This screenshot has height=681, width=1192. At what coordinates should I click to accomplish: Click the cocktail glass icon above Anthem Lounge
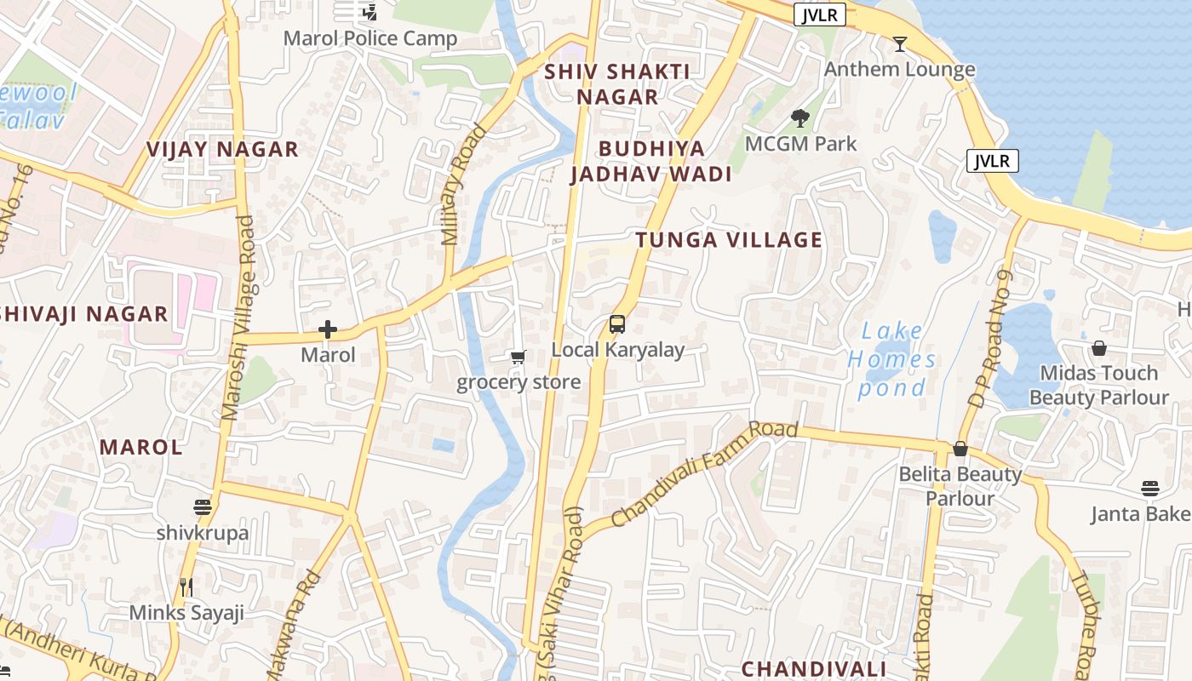(x=900, y=43)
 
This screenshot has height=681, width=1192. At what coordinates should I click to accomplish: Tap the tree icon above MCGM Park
(x=799, y=118)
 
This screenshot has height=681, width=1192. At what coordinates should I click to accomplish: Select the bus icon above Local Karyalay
(x=617, y=324)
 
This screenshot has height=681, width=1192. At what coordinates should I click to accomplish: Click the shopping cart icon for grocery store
(x=518, y=358)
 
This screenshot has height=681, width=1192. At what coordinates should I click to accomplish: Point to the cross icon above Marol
(x=328, y=329)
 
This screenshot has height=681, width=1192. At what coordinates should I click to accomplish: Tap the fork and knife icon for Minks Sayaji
(x=186, y=587)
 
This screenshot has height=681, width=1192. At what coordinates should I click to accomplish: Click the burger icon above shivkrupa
(x=202, y=507)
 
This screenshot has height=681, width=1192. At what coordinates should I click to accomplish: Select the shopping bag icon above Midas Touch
(x=1099, y=348)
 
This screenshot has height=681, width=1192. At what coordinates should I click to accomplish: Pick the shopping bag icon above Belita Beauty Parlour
(x=960, y=449)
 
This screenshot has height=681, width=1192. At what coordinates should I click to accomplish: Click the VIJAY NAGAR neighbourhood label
(x=222, y=150)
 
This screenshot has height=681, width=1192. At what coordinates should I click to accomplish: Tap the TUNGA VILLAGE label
(x=729, y=240)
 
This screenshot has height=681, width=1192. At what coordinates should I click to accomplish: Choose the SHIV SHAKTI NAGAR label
(x=617, y=84)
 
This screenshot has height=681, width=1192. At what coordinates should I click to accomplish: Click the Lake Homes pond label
(x=891, y=359)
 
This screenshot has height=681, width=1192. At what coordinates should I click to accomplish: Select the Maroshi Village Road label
(x=238, y=318)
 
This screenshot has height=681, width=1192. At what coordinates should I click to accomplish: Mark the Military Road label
(x=462, y=185)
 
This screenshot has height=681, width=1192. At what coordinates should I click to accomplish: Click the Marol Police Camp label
(x=370, y=38)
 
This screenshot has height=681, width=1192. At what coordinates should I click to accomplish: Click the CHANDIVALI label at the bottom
(x=813, y=668)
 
